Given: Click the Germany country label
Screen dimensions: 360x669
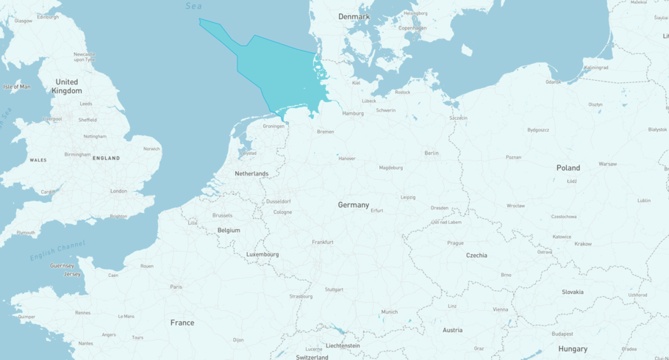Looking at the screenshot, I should [x=354, y=205].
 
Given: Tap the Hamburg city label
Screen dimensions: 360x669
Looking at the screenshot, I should [x=353, y=113].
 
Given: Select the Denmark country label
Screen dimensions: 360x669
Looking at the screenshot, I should [x=354, y=16].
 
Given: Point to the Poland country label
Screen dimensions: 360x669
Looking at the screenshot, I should [x=568, y=168].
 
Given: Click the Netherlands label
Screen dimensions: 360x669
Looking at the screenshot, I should [x=251, y=173].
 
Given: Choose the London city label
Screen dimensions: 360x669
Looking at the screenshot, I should [x=118, y=191].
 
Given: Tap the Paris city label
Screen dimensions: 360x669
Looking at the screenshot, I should [x=176, y=287].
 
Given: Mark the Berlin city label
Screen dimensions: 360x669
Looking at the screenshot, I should [x=432, y=153].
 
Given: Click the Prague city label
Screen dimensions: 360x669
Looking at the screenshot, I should [x=455, y=242].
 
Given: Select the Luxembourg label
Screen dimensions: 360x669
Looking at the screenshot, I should [x=262, y=254].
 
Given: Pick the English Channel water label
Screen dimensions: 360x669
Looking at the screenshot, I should [x=57, y=251].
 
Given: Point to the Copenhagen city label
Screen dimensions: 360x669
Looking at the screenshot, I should [x=412, y=28].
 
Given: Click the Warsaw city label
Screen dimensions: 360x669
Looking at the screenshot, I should [x=607, y=164].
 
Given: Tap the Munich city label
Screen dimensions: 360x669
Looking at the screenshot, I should [x=390, y=312].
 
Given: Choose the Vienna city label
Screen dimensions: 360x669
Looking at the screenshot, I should [x=500, y=309].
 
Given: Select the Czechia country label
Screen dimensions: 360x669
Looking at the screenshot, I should [x=476, y=255].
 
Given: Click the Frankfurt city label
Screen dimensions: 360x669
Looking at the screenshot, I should [x=322, y=242].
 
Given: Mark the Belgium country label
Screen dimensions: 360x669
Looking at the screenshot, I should [x=229, y=230].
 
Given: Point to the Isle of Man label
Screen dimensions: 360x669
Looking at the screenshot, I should [x=17, y=87].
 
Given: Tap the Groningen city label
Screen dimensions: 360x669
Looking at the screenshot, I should [x=273, y=126].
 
